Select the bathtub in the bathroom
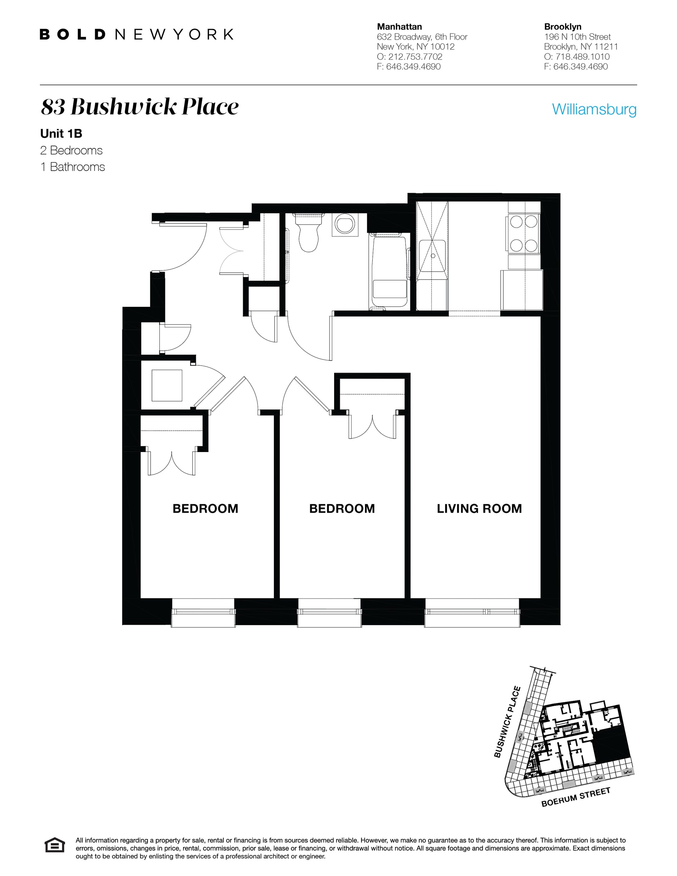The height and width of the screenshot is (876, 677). (389, 273)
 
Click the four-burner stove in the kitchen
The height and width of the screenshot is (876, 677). (524, 233)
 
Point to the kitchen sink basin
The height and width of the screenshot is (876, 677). (432, 255)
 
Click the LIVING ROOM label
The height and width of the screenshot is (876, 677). (479, 509)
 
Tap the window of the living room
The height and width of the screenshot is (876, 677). (472, 612)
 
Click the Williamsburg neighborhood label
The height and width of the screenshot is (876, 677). (594, 109)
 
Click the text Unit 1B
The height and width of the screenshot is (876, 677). (61, 133)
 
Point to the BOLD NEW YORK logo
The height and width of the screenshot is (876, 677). (136, 35)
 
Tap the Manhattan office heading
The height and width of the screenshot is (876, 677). (399, 27)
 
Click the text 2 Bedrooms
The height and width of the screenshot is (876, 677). (71, 150)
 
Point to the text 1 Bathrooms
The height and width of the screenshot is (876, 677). (72, 167)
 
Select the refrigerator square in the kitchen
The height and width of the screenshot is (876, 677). (521, 290)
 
